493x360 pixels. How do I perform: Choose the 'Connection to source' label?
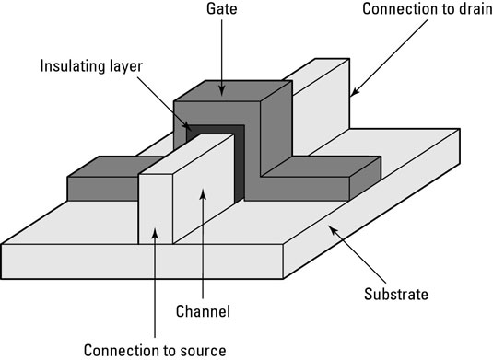[154, 349]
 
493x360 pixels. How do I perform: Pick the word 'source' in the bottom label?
[202, 349]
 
